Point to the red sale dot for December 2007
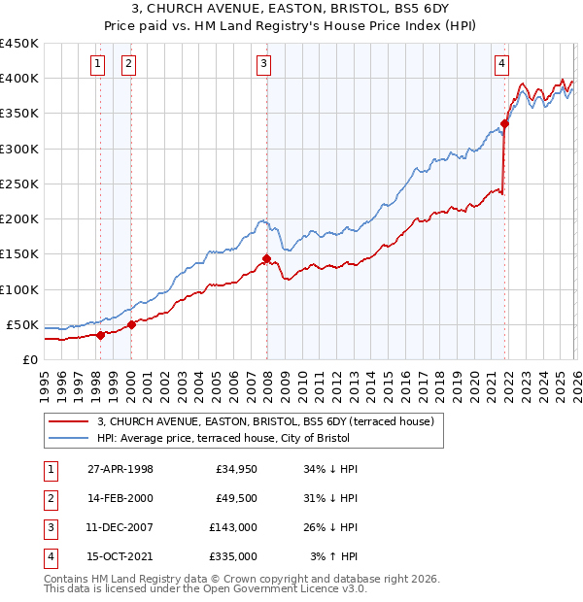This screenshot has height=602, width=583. (x=266, y=258)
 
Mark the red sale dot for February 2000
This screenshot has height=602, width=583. (x=131, y=324)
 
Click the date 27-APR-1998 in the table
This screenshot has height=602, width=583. (x=120, y=469)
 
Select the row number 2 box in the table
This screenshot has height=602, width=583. (x=49, y=498)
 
